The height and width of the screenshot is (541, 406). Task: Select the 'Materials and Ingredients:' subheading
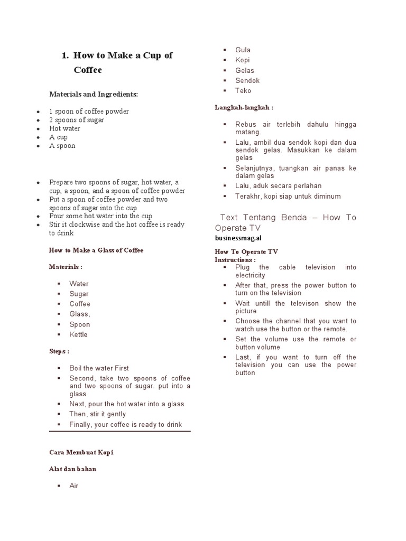pyautogui.click(x=93, y=94)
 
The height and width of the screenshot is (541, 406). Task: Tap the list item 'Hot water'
pyautogui.click(x=64, y=128)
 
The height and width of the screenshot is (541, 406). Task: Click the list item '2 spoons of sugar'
pyautogui.click(x=76, y=120)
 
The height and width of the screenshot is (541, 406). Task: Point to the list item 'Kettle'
pyautogui.click(x=78, y=334)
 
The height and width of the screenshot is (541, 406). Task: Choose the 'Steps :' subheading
pyautogui.click(x=59, y=351)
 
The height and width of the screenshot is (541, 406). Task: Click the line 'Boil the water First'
pyautogui.click(x=99, y=368)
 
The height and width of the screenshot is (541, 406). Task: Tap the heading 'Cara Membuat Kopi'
pyautogui.click(x=81, y=453)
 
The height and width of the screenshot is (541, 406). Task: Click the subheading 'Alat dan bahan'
pyautogui.click(x=72, y=469)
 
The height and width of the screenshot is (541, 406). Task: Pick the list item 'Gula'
pyautogui.click(x=243, y=50)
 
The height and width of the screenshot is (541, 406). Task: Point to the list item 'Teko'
pyautogui.click(x=243, y=91)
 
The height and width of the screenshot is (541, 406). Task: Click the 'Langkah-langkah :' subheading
pyautogui.click(x=244, y=107)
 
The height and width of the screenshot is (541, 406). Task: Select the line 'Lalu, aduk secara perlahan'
pyautogui.click(x=278, y=186)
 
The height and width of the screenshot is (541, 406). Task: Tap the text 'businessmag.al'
pyautogui.click(x=238, y=238)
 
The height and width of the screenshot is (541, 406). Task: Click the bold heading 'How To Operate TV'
pyautogui.click(x=246, y=252)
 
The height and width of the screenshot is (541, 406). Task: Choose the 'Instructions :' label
pyautogui.click(x=235, y=260)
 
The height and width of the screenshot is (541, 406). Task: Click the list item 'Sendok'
pyautogui.click(x=247, y=81)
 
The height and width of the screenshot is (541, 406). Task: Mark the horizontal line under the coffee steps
pyautogui.click(x=119, y=432)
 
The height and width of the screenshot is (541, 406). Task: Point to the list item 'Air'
pyautogui.click(x=73, y=486)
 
